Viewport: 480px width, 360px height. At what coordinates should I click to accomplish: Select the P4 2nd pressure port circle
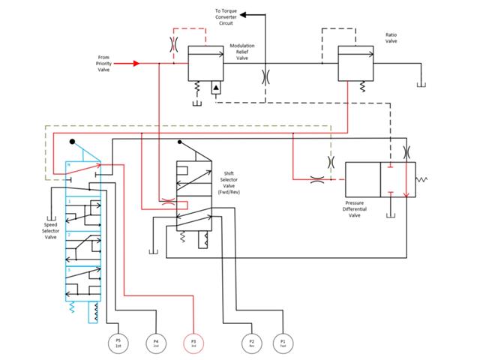[155, 342]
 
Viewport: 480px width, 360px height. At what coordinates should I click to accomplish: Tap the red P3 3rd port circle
[193, 342]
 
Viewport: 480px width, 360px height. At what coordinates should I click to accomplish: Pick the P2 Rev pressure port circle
[251, 342]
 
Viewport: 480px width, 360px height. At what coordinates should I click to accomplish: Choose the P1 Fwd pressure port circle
[283, 342]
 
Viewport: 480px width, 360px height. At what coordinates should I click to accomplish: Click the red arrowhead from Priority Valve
[136, 64]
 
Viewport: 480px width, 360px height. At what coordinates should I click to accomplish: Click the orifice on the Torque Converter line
[264, 76]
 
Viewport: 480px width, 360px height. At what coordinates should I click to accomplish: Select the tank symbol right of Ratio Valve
[423, 84]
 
